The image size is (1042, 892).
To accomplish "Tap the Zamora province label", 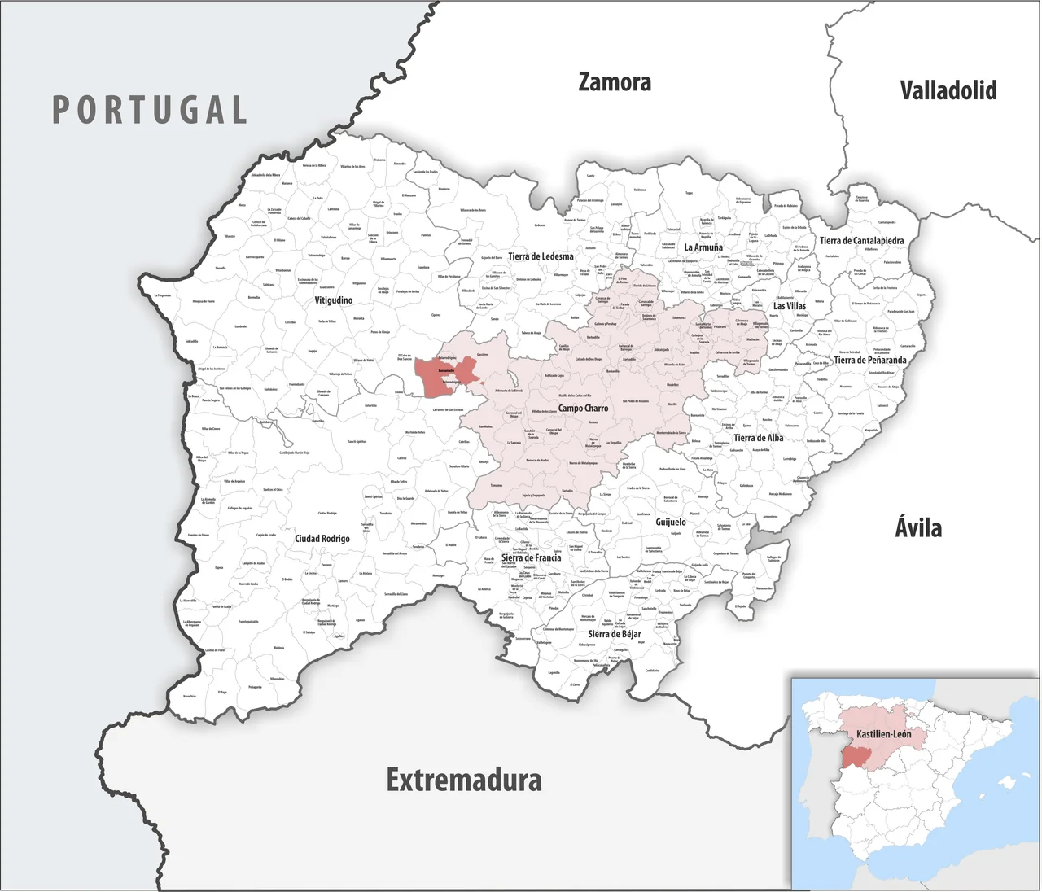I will click(615, 82).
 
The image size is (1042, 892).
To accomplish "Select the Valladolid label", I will click(948, 90).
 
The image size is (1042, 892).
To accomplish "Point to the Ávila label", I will click(918, 527).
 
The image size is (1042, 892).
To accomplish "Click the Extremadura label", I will click(463, 780).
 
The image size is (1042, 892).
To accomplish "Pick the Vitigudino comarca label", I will click(334, 300).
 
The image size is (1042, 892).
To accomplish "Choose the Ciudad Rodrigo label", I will click(322, 539).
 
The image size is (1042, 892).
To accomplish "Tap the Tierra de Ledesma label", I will click(541, 256).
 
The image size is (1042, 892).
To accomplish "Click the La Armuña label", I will click(703, 247).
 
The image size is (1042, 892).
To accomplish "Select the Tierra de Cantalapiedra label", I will click(861, 241).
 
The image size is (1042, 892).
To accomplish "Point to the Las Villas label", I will click(789, 306).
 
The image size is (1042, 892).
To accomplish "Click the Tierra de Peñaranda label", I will click(869, 360).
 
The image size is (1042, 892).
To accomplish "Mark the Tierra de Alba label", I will click(758, 438).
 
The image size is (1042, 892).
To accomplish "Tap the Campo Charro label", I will click(583, 408).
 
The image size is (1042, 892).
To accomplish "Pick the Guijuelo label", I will click(671, 522).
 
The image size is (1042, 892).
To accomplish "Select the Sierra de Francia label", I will click(531, 557).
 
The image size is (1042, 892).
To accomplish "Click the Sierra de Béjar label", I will click(614, 634).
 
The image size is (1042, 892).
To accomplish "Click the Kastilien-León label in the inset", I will click(883, 734).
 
